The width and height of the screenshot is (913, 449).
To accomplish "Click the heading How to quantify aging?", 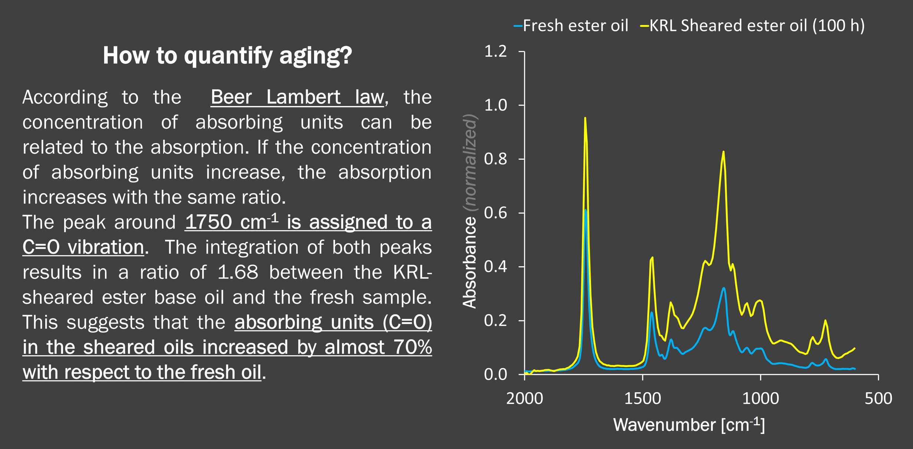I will click(x=227, y=56).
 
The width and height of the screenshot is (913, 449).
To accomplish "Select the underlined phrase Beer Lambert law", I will click(x=297, y=98).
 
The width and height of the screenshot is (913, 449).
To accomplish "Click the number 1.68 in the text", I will click(x=237, y=273).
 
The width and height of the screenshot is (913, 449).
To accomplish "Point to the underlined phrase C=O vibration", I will click(x=83, y=247).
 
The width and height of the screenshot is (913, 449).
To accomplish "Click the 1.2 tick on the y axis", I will click(x=495, y=52).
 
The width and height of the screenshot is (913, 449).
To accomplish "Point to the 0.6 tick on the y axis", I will click(x=495, y=213).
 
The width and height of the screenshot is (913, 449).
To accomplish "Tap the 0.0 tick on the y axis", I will click(x=495, y=375).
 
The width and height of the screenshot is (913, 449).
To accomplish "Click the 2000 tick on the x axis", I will click(x=525, y=399).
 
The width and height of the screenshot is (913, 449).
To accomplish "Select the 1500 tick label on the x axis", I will click(x=643, y=399).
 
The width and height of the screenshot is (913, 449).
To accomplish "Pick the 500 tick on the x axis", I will click(x=878, y=399).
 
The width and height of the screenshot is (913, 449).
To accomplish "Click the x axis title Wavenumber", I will click(x=664, y=425).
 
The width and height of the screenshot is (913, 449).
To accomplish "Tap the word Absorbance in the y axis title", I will click(x=470, y=263).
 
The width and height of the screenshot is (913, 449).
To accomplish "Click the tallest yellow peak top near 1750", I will click(x=585, y=118).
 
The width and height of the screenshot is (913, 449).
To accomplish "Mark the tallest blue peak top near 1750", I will click(x=585, y=210).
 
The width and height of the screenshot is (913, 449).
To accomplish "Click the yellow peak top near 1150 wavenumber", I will click(x=723, y=152).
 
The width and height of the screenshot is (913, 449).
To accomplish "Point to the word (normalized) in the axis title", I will click(x=470, y=163).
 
